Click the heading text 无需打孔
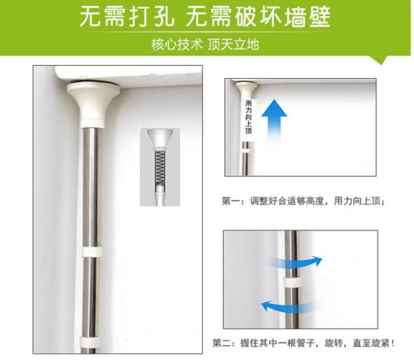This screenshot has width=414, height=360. coord(127,17)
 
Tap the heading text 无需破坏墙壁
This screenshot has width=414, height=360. coord(258,17)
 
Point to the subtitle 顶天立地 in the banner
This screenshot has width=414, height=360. coord(233,44)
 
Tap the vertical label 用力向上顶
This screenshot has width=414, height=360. coord(248,117)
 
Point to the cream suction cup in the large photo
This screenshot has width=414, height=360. coord(93,105)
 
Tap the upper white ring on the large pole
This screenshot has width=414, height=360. coord(92,252)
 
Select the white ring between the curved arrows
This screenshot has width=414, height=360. coord(292,283)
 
